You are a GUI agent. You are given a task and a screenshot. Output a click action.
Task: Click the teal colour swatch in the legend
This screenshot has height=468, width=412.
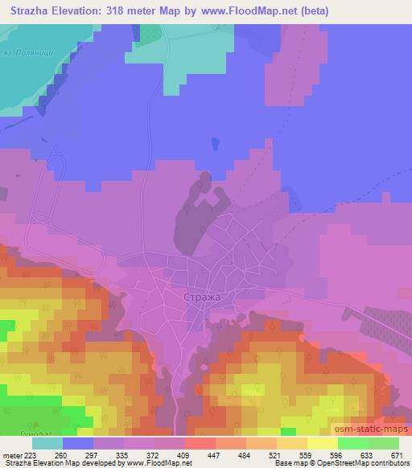[x=47, y=444]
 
